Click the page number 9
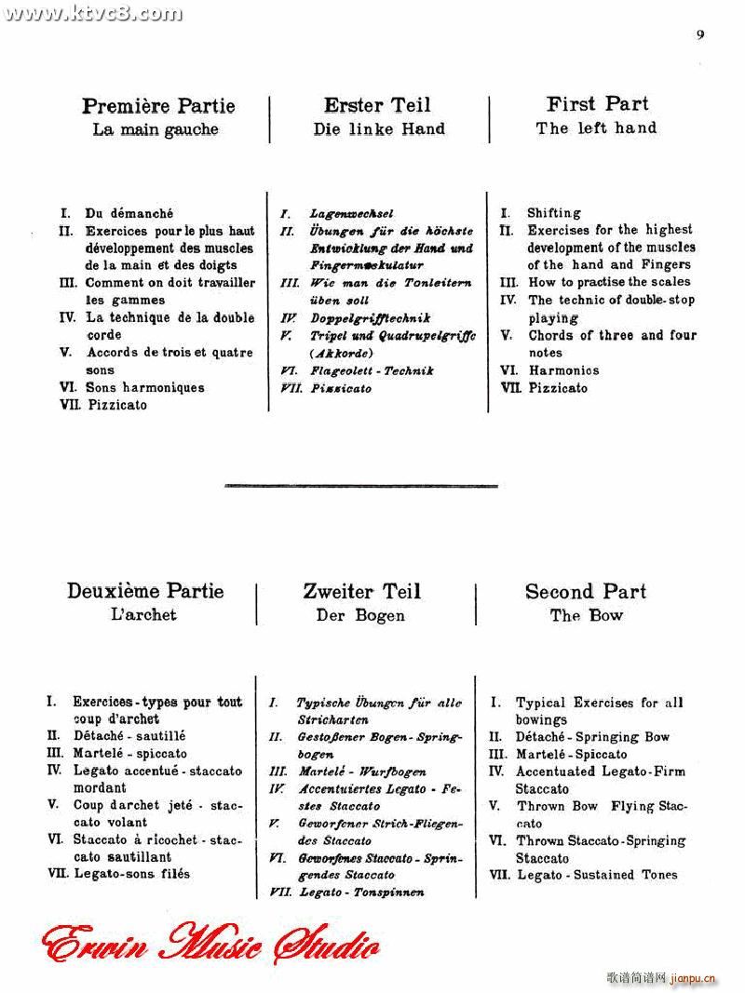[700, 35]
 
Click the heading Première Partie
[158, 106]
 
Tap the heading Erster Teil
[377, 105]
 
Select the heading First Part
[598, 104]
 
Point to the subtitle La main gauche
[156, 130]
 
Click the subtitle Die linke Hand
[379, 129]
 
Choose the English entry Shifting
[553, 213]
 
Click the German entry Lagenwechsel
[352, 214]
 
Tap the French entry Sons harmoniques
[144, 387]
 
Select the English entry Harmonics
[563, 370]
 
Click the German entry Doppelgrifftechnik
[371, 318]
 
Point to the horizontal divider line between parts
[361, 485]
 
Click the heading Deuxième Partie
[145, 591]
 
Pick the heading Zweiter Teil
[362, 591]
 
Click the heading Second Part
[586, 591]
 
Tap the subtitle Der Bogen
[360, 615]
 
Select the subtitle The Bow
[587, 615]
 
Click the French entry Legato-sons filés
[131, 874]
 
